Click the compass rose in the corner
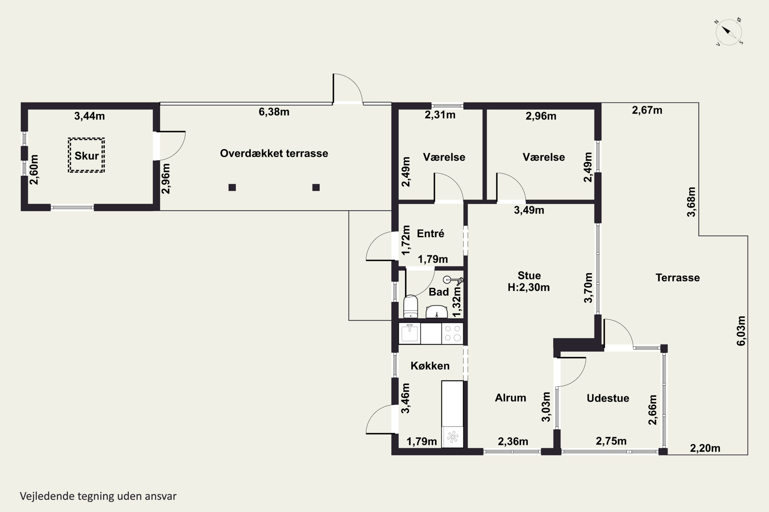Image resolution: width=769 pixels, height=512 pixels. tap(729, 32)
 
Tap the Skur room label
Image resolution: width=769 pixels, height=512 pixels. tap(86, 156)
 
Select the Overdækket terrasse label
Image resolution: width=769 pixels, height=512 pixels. tap(274, 153)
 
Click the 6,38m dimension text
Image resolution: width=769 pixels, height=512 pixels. tap(274, 112)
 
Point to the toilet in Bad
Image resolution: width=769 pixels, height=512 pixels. tap(410, 306)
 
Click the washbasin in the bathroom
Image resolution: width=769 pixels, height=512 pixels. tap(437, 312)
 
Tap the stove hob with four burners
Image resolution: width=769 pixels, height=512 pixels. tap(452, 333)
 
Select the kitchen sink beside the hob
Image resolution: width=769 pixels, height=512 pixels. tap(409, 333)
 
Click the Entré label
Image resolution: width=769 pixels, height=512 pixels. tap(431, 233)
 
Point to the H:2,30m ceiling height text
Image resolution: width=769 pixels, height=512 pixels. tap(529, 287)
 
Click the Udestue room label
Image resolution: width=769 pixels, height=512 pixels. tap(608, 398)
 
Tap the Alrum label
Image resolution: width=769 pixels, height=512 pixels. tap(510, 398)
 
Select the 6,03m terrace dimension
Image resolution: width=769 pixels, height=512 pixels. tap(741, 331)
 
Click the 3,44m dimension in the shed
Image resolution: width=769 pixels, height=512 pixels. tap(89, 116)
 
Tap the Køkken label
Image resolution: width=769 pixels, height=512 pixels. tap(430, 366)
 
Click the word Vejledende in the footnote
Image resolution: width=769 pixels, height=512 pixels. tap(47, 496)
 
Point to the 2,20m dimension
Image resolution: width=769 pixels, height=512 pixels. tap(705, 448)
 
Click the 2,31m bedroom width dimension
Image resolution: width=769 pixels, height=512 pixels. tap(440, 115)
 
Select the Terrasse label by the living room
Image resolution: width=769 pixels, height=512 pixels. tap(678, 278)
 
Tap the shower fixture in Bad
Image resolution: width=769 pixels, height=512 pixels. tap(453, 280)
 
